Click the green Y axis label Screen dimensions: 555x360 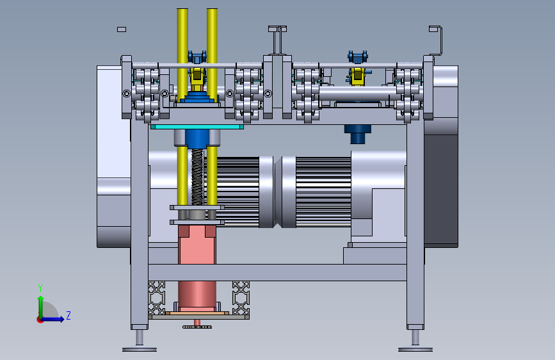coord(40,288)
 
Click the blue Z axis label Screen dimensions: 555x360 coord(68,315)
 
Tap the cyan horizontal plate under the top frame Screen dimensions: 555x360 coord(197,127)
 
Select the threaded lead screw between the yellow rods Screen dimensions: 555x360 coord(198,177)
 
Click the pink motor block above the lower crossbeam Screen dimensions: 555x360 coord(197,245)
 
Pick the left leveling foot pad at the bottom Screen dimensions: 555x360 coord(140,349)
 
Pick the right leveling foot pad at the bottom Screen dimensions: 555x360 coord(415,349)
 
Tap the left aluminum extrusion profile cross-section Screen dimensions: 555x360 coord(156,298)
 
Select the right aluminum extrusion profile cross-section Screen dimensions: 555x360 coord(241,298)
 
